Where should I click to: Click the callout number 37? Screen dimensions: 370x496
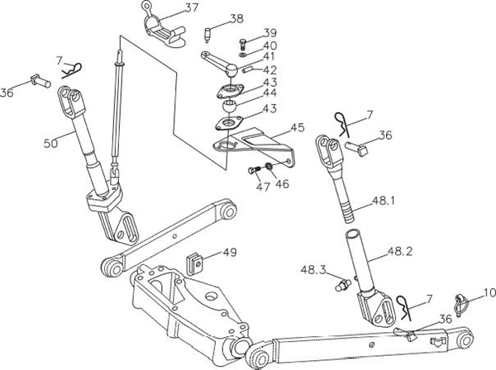click(191, 8)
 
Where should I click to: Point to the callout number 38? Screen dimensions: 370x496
click(236, 18)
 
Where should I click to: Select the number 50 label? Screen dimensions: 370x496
click(51, 143)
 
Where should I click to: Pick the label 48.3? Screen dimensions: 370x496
click(313, 270)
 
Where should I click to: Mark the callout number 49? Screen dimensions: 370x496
click(229, 253)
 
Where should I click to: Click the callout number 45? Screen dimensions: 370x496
click(297, 129)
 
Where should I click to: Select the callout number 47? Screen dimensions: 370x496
click(263, 187)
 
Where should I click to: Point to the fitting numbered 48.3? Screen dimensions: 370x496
click(337, 285)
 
